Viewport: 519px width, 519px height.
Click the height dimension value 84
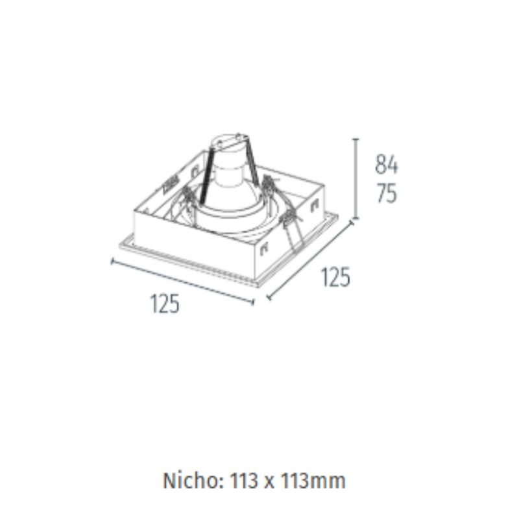click(386, 165)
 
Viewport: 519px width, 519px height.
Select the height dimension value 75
click(387, 193)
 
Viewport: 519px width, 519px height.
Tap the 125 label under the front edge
click(165, 304)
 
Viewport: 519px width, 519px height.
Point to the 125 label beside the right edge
click(335, 277)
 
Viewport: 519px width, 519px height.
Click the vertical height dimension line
click(356, 179)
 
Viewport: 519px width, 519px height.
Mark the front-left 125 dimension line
click(182, 282)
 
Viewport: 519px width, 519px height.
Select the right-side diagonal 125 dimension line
click(310, 261)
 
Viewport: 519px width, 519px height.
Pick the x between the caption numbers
click(269, 483)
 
